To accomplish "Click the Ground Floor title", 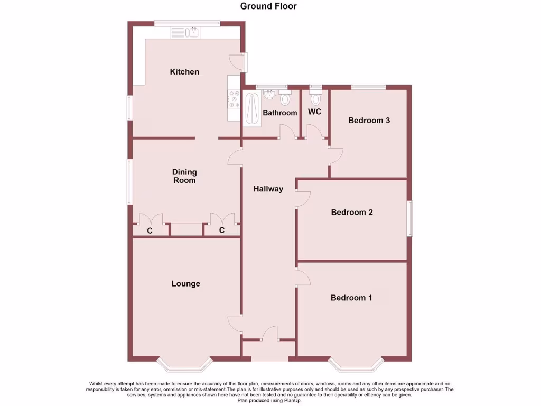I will (268, 6).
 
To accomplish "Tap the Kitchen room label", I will (184, 71).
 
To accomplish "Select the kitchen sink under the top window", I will (184, 33).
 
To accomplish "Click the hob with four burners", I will (234, 98).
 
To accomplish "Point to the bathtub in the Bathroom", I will (253, 108).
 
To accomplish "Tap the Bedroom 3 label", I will (369, 120).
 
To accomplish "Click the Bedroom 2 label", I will (352, 212).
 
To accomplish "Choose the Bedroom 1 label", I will (351, 298).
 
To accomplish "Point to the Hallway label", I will (268, 189).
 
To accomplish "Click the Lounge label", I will (185, 283).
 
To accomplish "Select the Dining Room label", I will (184, 176).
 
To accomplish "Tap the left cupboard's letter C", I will (150, 230).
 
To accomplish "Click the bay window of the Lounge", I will (185, 364).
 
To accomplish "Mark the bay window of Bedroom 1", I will (355, 364).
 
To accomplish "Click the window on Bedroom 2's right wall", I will (409, 218).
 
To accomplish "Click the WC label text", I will (314, 112).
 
